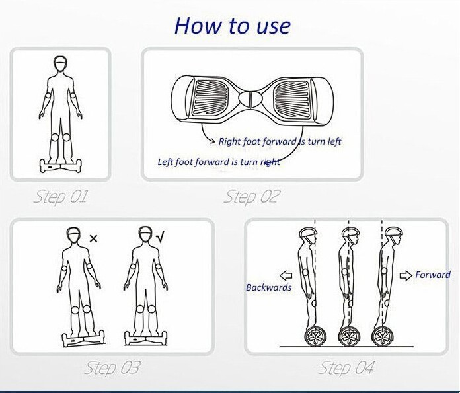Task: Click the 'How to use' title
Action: click(x=233, y=26)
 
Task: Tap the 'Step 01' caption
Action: click(x=61, y=197)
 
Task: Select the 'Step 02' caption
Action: click(x=251, y=197)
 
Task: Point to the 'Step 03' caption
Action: click(x=112, y=367)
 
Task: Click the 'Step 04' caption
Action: click(x=346, y=367)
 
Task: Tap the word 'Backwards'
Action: click(x=269, y=287)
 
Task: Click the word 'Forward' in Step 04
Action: click(x=433, y=275)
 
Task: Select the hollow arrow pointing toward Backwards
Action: click(x=286, y=275)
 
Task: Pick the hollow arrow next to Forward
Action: click(x=406, y=275)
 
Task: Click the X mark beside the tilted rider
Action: click(x=93, y=238)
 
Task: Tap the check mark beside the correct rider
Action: click(x=161, y=237)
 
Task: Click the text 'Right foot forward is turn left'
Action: click(x=280, y=141)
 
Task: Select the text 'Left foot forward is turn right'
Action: click(x=219, y=162)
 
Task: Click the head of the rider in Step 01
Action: click(x=60, y=63)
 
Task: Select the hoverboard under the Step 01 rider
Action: click(x=61, y=166)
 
